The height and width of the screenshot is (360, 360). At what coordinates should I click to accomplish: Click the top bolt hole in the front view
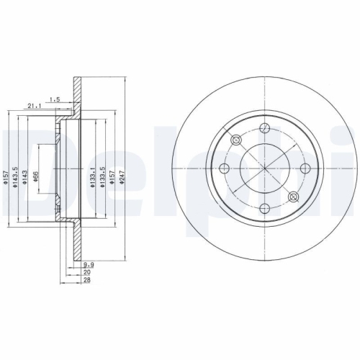click(x=264, y=128)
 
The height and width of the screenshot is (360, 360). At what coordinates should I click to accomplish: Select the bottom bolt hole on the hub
click(x=264, y=208)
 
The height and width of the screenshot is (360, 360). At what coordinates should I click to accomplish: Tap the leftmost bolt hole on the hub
click(x=225, y=168)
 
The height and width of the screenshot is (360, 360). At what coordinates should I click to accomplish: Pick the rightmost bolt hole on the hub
click(x=305, y=168)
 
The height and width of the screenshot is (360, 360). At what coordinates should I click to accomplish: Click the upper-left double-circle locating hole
click(x=236, y=140)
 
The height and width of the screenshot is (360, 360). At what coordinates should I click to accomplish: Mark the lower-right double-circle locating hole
click(x=292, y=197)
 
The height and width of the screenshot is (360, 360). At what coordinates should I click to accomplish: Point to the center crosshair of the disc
click(x=264, y=168)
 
